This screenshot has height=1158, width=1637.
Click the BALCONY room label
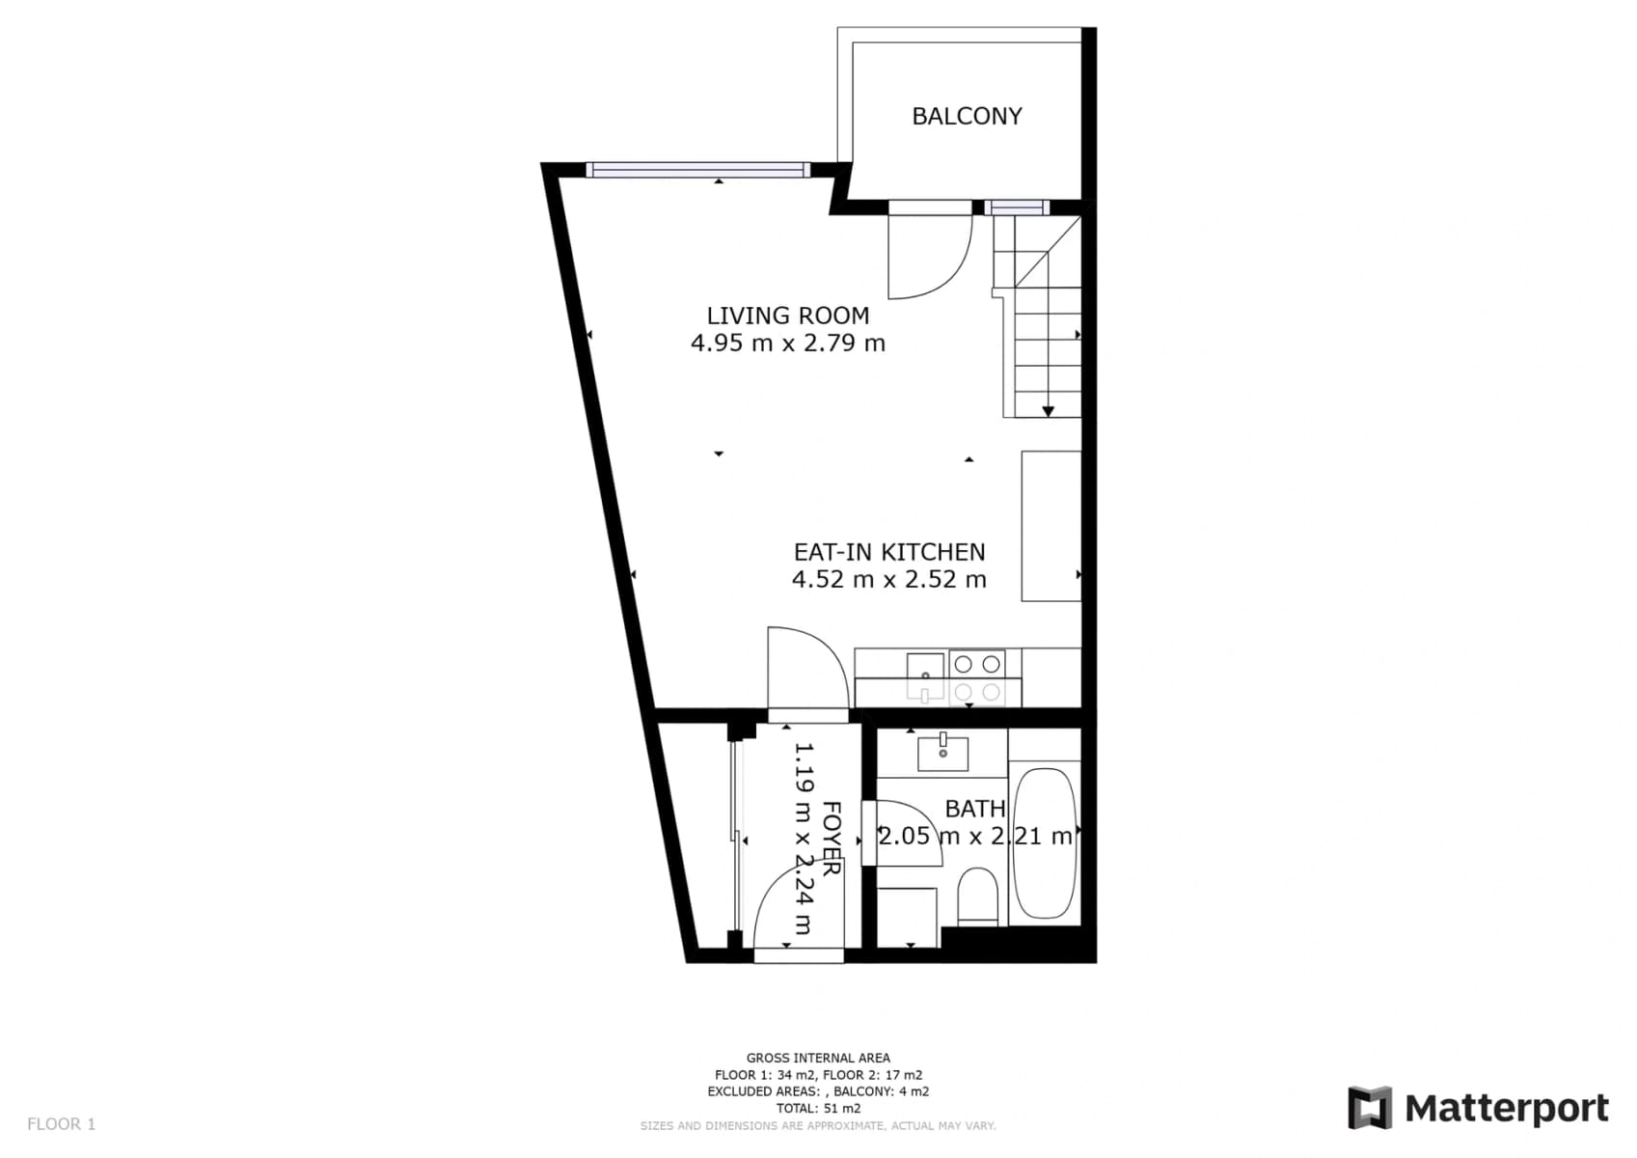[x=967, y=116]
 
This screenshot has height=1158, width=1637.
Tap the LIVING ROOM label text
[x=787, y=316]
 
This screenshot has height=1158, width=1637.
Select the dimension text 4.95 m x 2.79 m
[x=787, y=343]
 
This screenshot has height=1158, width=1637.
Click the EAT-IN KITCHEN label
[x=888, y=552]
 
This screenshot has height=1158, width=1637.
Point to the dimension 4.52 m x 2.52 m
[x=888, y=579]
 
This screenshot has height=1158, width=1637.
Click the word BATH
[x=974, y=809]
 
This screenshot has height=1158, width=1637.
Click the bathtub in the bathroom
[x=1044, y=842]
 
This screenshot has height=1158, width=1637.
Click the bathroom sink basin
[x=942, y=753]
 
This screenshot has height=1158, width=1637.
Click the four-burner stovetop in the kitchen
[x=977, y=677]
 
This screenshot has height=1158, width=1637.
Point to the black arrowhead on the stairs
[x=1048, y=411]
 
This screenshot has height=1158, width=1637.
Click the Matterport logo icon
[x=1370, y=1107]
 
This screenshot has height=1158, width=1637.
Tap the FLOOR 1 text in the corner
[x=61, y=1123]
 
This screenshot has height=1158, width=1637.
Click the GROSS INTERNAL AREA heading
[x=818, y=1058]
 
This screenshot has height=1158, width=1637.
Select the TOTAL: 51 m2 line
[x=818, y=1109]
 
